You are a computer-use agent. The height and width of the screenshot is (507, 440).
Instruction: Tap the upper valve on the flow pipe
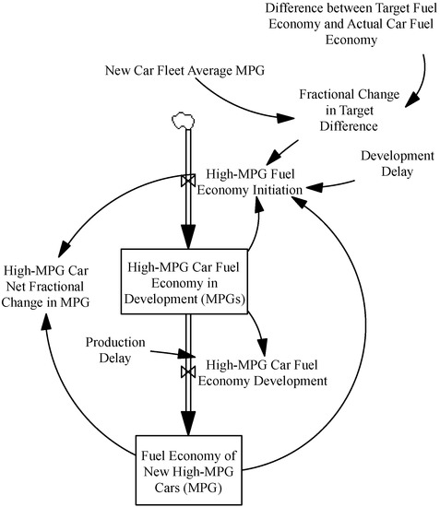click(187, 183)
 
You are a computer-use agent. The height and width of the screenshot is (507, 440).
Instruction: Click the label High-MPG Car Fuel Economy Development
click(267, 371)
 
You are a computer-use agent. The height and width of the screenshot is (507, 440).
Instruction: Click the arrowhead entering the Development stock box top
click(187, 239)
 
